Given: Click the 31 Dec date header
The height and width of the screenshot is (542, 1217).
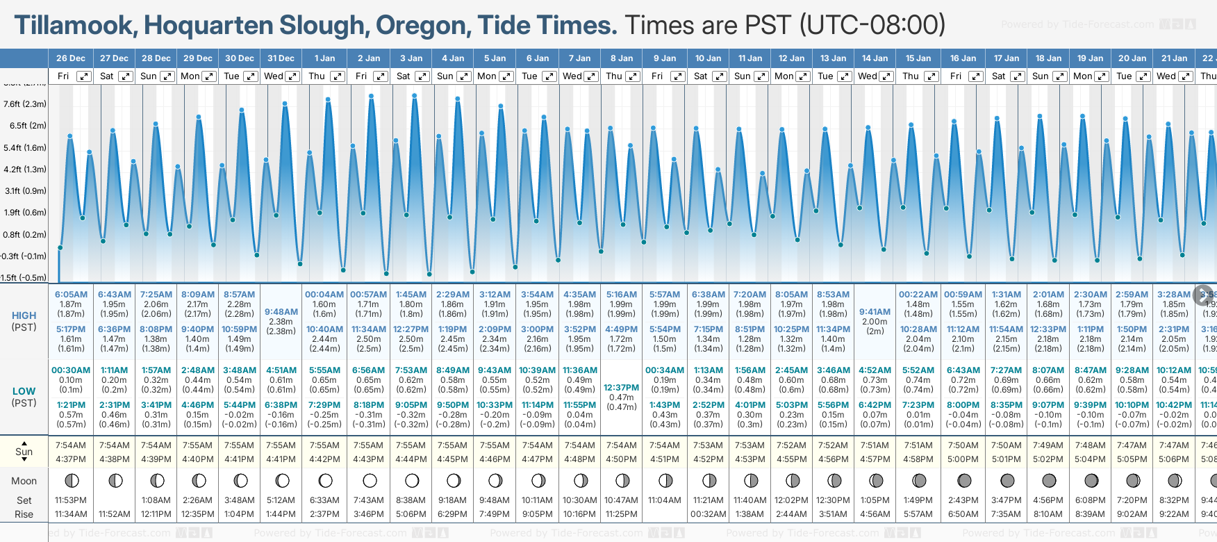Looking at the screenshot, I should point(281,58).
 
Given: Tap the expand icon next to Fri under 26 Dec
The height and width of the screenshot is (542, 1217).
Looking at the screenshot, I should point(83,76).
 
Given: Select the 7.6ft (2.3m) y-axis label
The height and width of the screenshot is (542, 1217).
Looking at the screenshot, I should point(24,104).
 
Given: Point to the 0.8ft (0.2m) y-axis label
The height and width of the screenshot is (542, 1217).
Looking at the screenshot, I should point(24,235).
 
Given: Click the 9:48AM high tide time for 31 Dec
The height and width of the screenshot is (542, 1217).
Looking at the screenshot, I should point(281,312).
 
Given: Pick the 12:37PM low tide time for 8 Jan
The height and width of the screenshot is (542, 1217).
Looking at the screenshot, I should point(621,388).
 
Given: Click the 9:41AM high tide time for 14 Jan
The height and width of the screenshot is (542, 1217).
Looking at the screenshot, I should point(875,312).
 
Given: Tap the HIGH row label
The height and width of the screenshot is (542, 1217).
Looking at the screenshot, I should point(24,315).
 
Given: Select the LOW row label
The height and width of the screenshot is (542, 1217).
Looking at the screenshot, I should point(24,391).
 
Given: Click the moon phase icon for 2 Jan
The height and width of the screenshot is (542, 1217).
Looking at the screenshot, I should point(370,480).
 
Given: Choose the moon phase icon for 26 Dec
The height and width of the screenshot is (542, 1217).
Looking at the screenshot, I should point(71,480).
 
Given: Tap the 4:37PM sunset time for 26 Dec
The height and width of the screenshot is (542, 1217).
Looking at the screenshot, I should point(71,459).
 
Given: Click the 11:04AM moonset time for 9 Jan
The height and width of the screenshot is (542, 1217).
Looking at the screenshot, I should point(665,500).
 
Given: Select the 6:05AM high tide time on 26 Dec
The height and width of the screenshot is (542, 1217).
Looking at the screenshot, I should point(71,295).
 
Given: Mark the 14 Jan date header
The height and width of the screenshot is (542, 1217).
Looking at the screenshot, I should point(875,58).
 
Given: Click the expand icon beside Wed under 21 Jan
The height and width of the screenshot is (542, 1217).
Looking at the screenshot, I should point(1185,76).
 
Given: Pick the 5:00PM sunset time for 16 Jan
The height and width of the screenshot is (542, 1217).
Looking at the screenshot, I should point(963,459).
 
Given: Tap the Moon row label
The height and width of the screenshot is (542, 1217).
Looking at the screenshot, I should point(24,481).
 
